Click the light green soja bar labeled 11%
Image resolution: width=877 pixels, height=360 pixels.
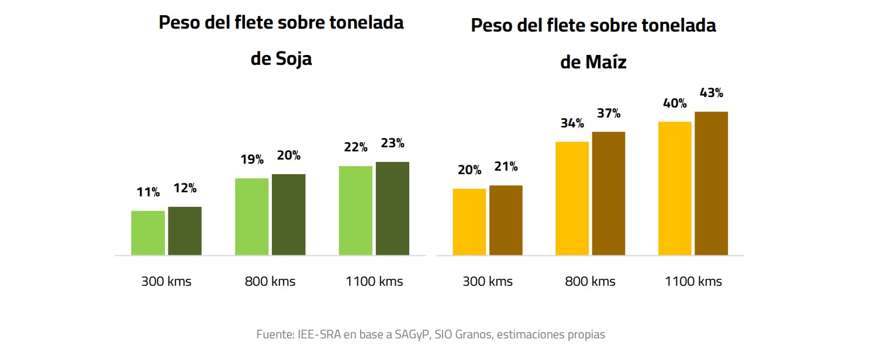point(148,233)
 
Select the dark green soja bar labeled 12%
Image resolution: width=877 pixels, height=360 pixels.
point(185,231)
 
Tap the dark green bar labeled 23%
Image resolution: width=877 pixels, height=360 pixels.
point(392,208)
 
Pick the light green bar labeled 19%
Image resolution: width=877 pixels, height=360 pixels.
point(252,216)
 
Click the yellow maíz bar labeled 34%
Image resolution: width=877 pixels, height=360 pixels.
point(572,198)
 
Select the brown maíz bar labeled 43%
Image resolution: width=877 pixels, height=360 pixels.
point(711,183)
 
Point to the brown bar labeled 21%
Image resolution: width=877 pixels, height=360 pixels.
point(506,220)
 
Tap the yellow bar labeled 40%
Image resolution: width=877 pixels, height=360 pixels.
point(675,188)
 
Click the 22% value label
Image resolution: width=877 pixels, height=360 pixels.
point(355,147)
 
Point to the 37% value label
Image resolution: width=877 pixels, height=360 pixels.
point(609,113)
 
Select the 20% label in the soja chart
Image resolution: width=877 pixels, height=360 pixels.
point(289,155)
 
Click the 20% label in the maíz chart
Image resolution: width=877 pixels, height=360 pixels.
point(469,170)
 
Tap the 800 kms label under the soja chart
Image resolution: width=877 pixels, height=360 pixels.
point(270,282)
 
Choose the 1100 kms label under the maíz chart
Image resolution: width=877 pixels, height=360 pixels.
point(693,282)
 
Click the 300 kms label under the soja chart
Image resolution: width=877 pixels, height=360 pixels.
point(166,282)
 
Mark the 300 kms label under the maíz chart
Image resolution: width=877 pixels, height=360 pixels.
point(488,282)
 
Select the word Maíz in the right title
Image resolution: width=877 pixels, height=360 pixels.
point(606,63)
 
